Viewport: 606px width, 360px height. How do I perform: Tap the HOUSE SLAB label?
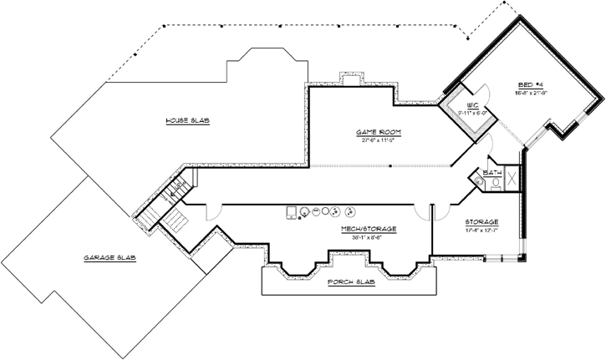(x=186, y=121)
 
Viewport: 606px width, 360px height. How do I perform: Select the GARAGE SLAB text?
(x=109, y=257)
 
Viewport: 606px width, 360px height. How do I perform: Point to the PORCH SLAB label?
(x=351, y=283)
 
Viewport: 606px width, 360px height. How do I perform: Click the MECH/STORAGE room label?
(x=368, y=228)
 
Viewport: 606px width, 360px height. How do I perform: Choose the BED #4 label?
(x=532, y=84)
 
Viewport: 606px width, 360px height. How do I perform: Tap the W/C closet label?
(x=472, y=107)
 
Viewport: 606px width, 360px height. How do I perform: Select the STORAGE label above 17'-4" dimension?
(x=481, y=222)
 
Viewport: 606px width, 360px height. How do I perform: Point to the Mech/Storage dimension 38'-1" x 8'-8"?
(x=368, y=236)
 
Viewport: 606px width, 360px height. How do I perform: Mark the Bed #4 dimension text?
(x=532, y=92)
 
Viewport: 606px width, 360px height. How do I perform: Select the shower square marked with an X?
(x=512, y=180)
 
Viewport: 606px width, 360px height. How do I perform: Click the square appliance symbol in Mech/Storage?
(x=292, y=211)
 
